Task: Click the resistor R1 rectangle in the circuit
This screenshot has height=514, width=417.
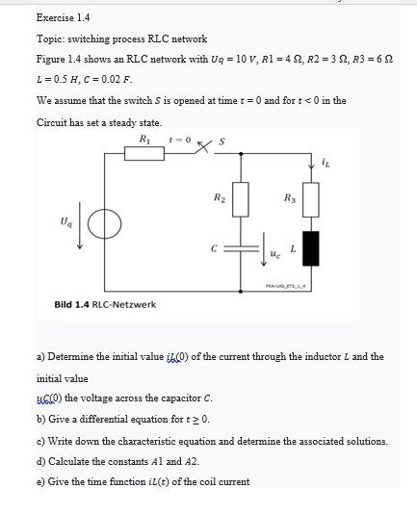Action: click(145, 151)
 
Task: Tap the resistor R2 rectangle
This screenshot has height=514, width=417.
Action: click(241, 200)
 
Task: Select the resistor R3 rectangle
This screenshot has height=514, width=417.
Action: click(311, 200)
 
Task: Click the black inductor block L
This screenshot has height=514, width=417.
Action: click(311, 246)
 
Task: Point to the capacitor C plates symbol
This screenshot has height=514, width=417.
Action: click(241, 247)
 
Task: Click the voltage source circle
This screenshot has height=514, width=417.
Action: click(105, 224)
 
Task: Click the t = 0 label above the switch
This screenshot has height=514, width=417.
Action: click(180, 139)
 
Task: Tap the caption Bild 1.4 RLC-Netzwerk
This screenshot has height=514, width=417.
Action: click(104, 305)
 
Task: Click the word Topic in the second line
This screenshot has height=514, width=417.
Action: click(50, 39)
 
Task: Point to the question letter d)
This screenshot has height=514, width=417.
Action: click(41, 461)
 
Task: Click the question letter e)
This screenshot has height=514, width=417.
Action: click(41, 481)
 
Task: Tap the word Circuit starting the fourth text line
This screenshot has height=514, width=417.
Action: click(53, 122)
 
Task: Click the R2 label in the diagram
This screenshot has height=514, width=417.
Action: click(220, 197)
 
